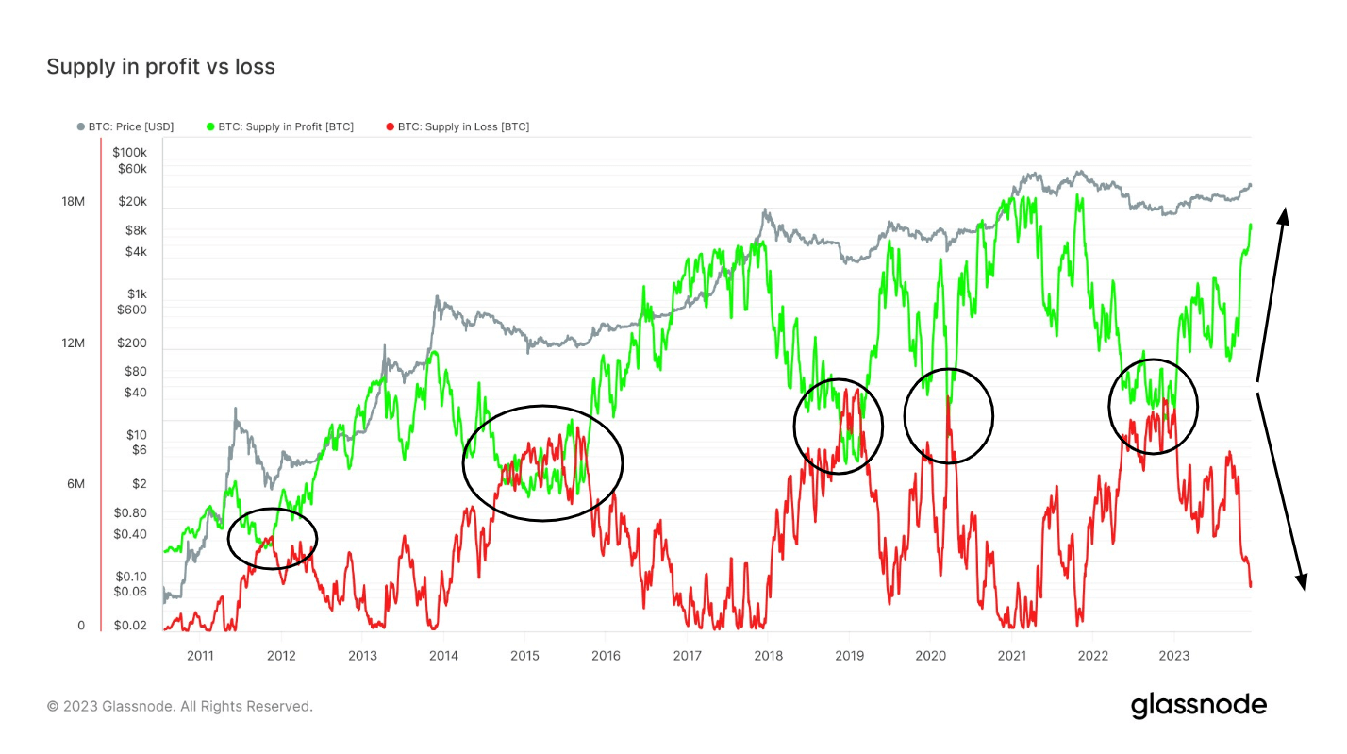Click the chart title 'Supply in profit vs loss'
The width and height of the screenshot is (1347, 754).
[x=160, y=67]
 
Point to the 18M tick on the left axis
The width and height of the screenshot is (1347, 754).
[x=74, y=202]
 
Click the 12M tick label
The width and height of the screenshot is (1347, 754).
[x=74, y=343]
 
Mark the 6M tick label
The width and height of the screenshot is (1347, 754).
[x=75, y=484]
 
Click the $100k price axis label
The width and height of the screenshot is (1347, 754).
[x=129, y=152]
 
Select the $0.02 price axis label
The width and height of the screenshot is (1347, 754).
[x=131, y=626]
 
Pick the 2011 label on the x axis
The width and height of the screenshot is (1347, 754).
[x=200, y=656]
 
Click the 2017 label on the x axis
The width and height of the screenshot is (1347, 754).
[x=688, y=656]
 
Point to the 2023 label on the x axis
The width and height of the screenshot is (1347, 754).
[x=1173, y=656]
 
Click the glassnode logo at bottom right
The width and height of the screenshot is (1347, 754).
[x=1198, y=705]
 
